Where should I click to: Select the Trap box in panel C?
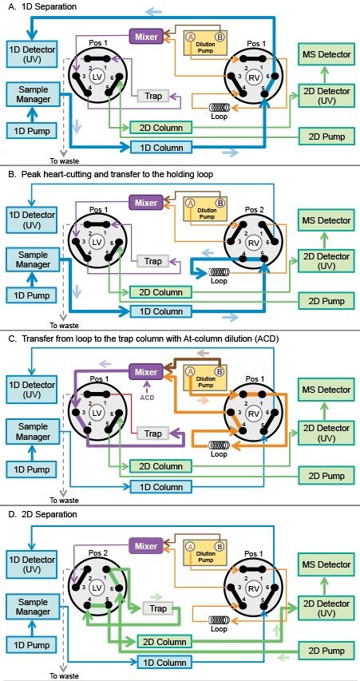152,434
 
